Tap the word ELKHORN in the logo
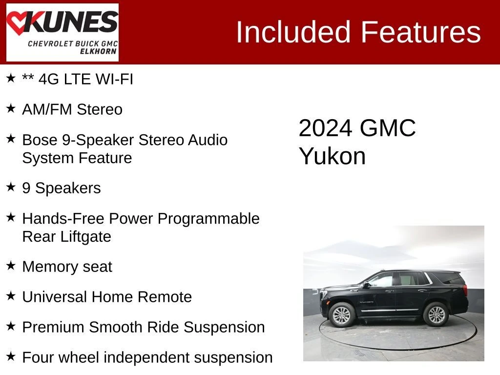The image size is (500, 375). [x=98, y=51]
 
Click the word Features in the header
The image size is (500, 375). [x=420, y=32]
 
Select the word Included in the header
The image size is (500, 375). [x=293, y=32]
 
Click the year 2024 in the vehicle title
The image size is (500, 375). [x=326, y=128]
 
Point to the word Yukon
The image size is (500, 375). [x=332, y=156]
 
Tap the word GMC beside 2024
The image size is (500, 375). [x=388, y=128]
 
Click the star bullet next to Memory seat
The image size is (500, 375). [x=11, y=265]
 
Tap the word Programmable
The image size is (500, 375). [x=208, y=219]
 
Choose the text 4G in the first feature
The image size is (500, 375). [x=49, y=79]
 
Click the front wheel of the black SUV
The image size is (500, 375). [x=342, y=315]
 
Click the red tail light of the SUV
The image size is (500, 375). [x=465, y=289]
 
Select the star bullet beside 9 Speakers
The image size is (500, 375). [x=11, y=187]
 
